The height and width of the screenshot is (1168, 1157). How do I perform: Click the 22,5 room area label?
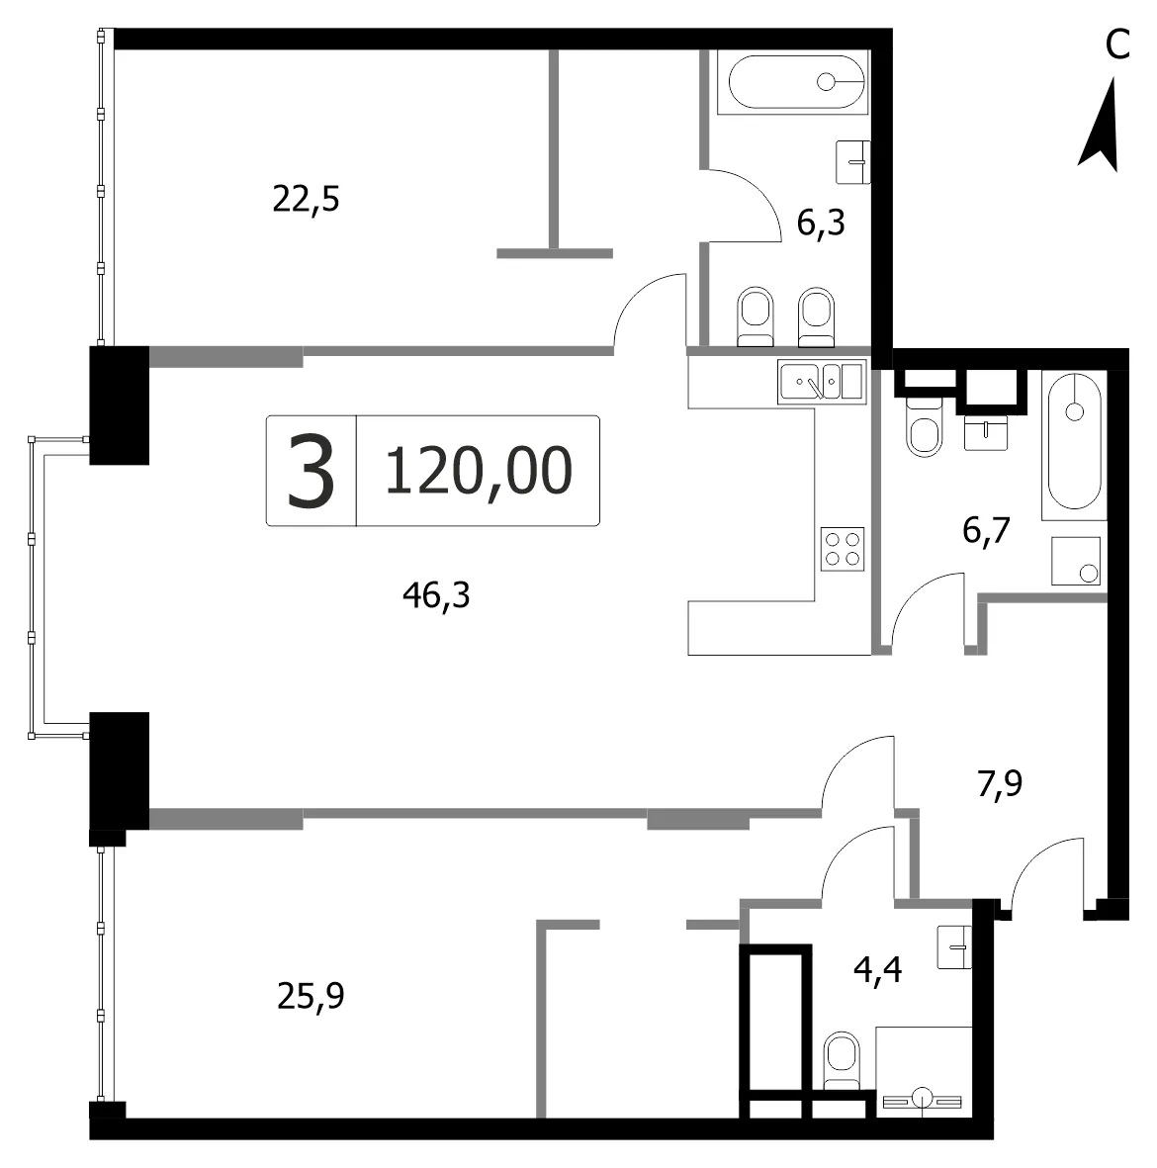[x=306, y=200]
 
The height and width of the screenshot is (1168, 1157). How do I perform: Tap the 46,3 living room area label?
[x=436, y=595]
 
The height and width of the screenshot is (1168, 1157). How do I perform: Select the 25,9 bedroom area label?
[x=311, y=996]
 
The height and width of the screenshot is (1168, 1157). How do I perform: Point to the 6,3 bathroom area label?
[x=821, y=222]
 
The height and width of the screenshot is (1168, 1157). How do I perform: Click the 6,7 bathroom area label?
[x=986, y=530]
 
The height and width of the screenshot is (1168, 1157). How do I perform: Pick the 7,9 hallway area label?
[x=1000, y=783]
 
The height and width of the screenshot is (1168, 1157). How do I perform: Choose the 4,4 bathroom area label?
[x=877, y=970]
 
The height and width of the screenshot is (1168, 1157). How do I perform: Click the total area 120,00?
[x=479, y=471]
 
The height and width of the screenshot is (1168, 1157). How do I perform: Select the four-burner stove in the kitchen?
[x=843, y=549]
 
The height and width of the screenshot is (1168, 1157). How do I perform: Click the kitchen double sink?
[x=822, y=382]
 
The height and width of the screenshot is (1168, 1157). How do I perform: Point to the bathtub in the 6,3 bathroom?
[x=796, y=82]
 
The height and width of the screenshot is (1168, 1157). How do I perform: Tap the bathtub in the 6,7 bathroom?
[x=1074, y=442]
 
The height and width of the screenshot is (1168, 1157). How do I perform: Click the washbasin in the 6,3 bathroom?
[x=853, y=161]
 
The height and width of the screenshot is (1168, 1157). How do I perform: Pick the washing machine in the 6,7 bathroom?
[x=1076, y=561]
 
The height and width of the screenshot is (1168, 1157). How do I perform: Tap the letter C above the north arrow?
[x=1117, y=45]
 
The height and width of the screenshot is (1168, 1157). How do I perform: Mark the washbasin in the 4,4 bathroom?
[x=954, y=947]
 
